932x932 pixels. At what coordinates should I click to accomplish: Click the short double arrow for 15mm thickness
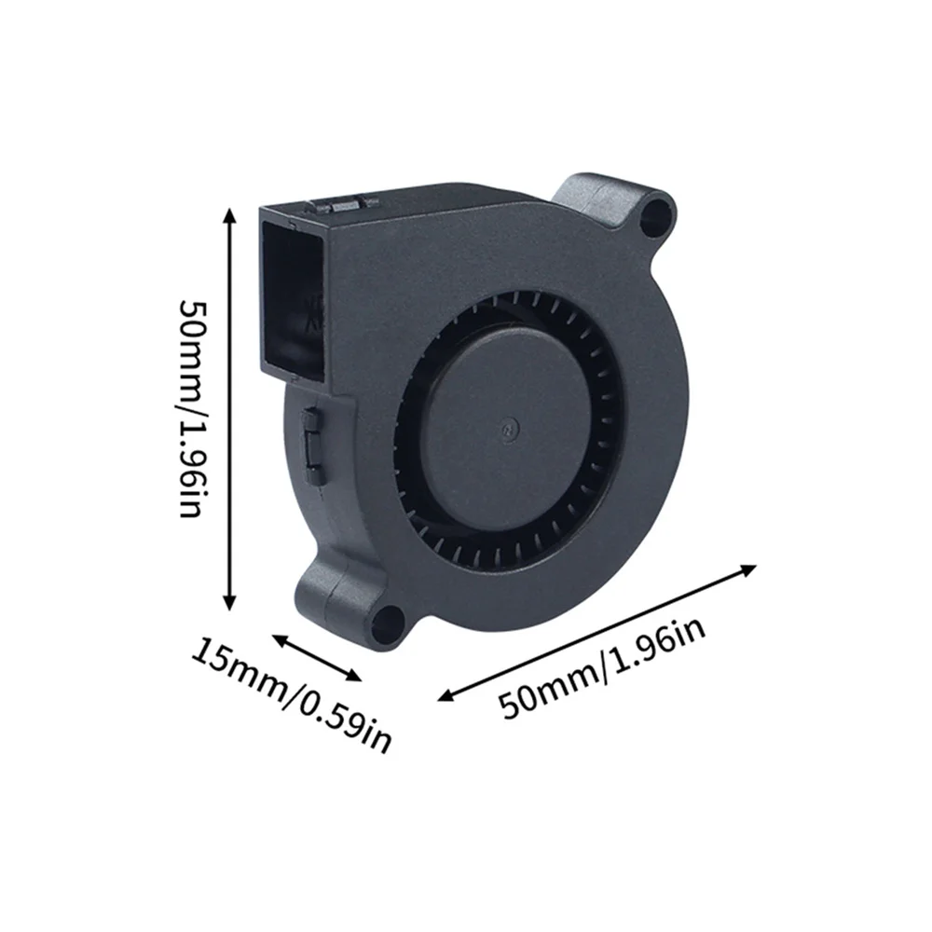(x=317, y=658)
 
